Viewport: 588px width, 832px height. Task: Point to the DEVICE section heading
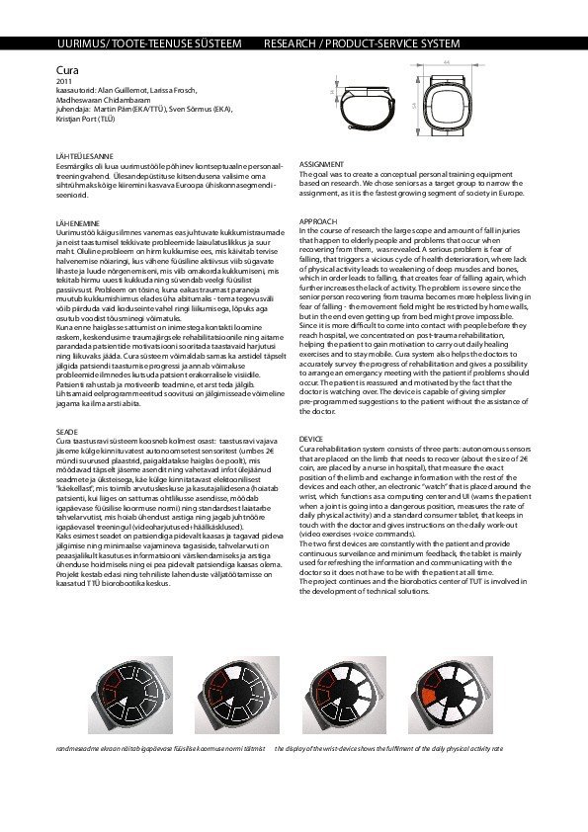[x=310, y=437]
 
